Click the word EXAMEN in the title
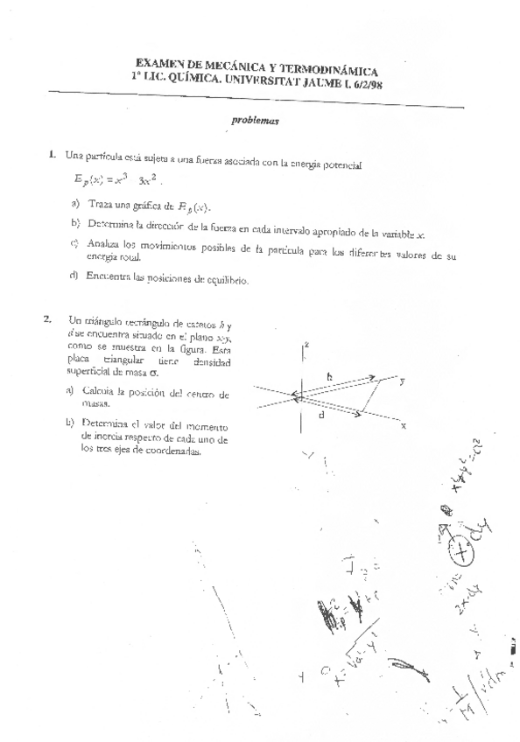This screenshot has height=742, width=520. pyautogui.click(x=159, y=64)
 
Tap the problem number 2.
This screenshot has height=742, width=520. pyautogui.click(x=48, y=319)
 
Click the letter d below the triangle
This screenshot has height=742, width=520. pyautogui.click(x=322, y=416)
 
